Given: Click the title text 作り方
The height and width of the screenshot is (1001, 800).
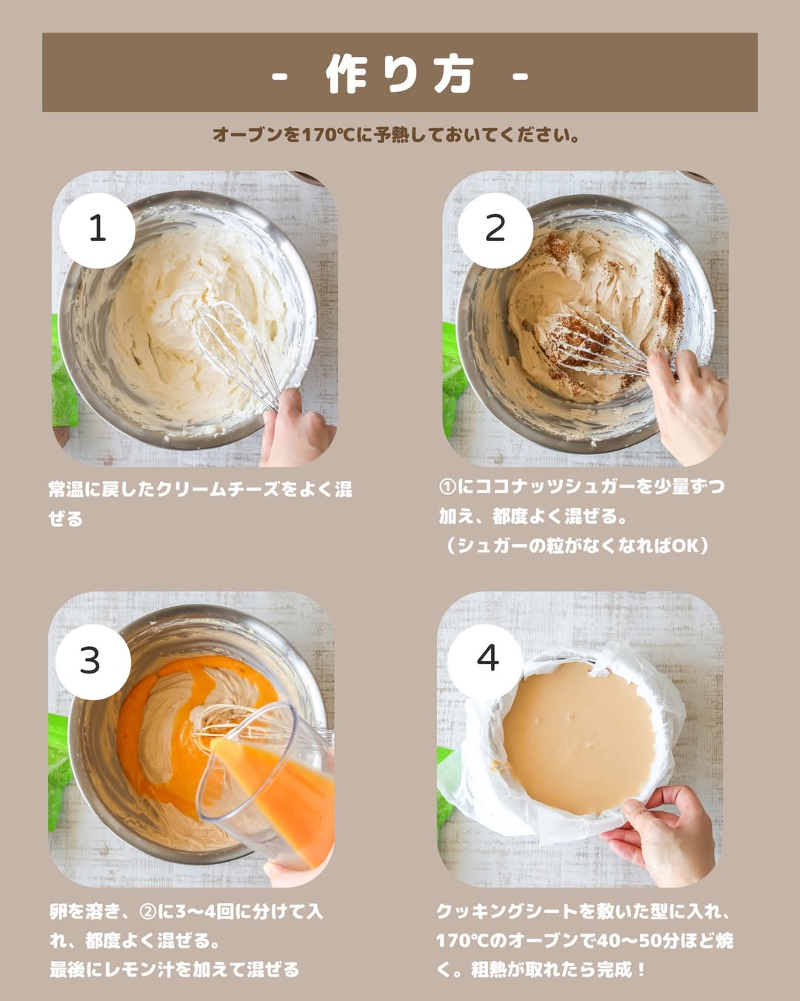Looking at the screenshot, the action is pos(399,74).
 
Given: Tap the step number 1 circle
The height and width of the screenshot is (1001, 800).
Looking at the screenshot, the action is pos(97,230).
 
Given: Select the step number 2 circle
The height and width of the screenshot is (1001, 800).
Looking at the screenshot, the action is pos(495,230).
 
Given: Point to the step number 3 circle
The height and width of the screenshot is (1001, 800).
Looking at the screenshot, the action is pos(93,662).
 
